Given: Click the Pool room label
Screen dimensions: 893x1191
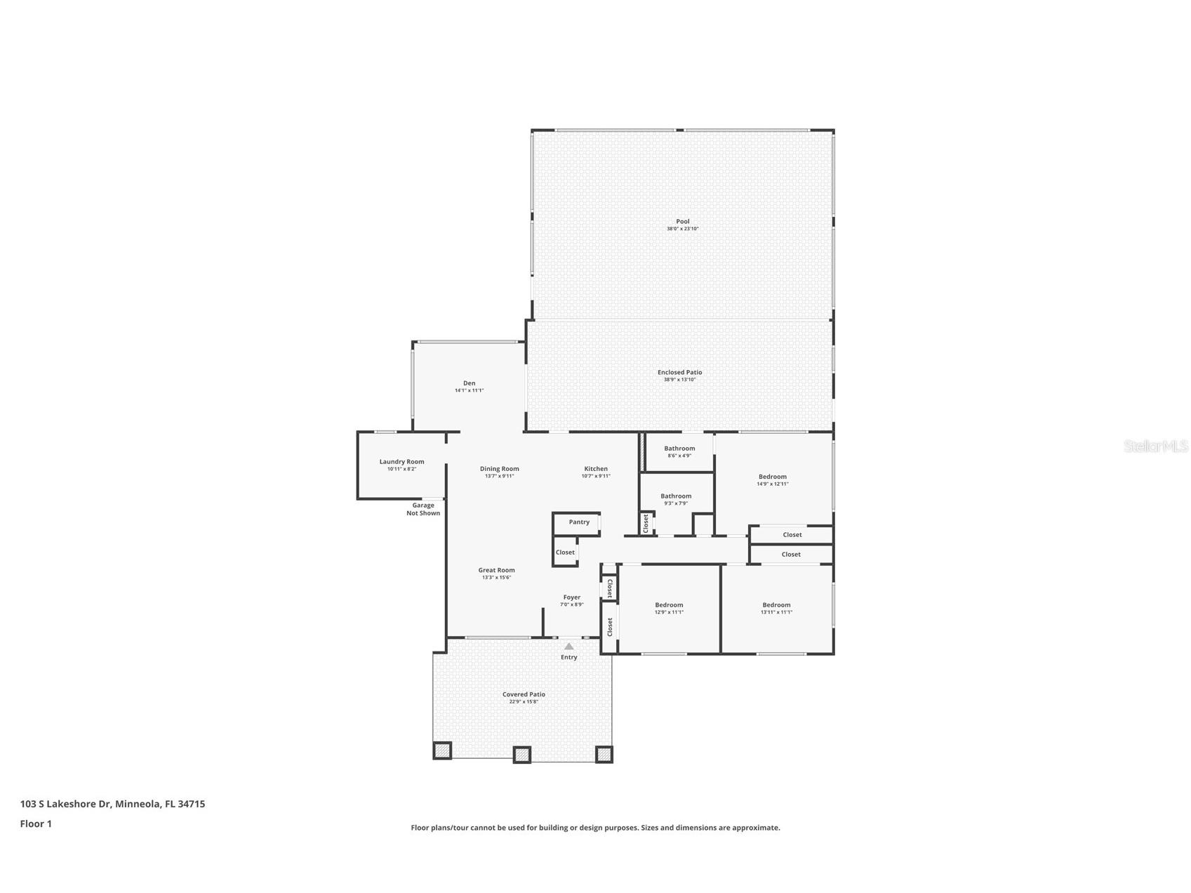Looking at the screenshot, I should point(682,222).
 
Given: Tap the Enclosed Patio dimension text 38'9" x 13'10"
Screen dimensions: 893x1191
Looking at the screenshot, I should point(679,380).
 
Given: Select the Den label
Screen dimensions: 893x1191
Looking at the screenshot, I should point(469,383).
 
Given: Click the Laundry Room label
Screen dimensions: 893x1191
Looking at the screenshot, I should point(401,462).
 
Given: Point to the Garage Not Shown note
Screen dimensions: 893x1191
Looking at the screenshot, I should point(423,509).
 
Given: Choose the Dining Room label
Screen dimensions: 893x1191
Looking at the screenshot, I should point(499,469).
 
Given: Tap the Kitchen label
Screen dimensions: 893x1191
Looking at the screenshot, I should point(596,469).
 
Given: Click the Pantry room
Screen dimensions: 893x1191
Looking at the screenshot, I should point(579,522).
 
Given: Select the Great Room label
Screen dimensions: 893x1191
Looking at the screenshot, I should point(496,571).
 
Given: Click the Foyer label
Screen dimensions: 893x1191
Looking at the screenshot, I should point(571,597).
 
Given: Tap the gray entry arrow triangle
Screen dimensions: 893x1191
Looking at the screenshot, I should point(569,647).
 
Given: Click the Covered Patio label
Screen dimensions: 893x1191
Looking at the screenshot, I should point(524,694).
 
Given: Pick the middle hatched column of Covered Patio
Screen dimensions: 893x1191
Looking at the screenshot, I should point(521,755).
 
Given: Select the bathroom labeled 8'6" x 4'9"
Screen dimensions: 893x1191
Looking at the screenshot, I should point(679,451).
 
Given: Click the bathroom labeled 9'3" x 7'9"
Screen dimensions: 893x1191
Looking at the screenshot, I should point(676,499).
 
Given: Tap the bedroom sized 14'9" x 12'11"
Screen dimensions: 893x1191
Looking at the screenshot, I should point(772,479).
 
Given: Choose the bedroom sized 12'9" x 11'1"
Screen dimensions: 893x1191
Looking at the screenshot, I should point(669,608).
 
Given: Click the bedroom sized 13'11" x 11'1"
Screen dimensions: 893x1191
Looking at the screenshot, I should point(776,608).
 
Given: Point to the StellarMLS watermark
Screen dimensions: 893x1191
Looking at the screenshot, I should point(1155,446).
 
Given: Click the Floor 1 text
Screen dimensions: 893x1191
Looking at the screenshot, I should point(36,824).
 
